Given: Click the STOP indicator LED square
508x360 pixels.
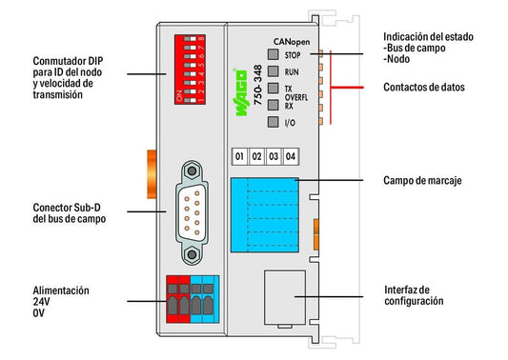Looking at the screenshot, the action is click(x=274, y=54).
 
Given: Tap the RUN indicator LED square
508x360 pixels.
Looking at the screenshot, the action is click(x=274, y=71).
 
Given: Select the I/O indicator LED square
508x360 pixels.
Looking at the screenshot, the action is click(x=274, y=122).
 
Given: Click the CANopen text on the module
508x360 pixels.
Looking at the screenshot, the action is click(x=292, y=42).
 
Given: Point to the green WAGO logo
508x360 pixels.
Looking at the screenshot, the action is click(x=240, y=92).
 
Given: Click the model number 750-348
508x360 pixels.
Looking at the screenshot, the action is click(x=257, y=85).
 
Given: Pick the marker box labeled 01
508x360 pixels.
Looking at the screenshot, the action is click(x=239, y=157).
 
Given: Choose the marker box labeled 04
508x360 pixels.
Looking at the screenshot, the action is click(x=291, y=157).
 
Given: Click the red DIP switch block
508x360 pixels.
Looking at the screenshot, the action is click(x=190, y=70).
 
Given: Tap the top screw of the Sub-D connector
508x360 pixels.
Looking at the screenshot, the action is click(x=192, y=170).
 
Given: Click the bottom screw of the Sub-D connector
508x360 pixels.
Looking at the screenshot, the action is click(x=192, y=254).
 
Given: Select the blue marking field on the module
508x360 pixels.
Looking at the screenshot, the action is click(x=265, y=215).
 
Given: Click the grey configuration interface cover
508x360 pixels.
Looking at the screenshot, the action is click(x=285, y=297).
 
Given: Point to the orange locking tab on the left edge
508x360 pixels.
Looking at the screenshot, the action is click(x=152, y=174).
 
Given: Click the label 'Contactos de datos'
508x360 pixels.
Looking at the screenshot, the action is click(x=424, y=87).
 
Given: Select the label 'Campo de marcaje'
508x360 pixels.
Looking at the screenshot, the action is click(x=422, y=180).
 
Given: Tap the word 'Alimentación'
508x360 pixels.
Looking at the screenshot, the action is click(x=61, y=290).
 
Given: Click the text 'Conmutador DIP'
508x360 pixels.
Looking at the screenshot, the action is click(x=68, y=61).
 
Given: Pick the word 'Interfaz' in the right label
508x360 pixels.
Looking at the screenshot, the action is click(x=400, y=290).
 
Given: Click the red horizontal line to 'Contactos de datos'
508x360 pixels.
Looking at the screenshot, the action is click(x=347, y=87).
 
